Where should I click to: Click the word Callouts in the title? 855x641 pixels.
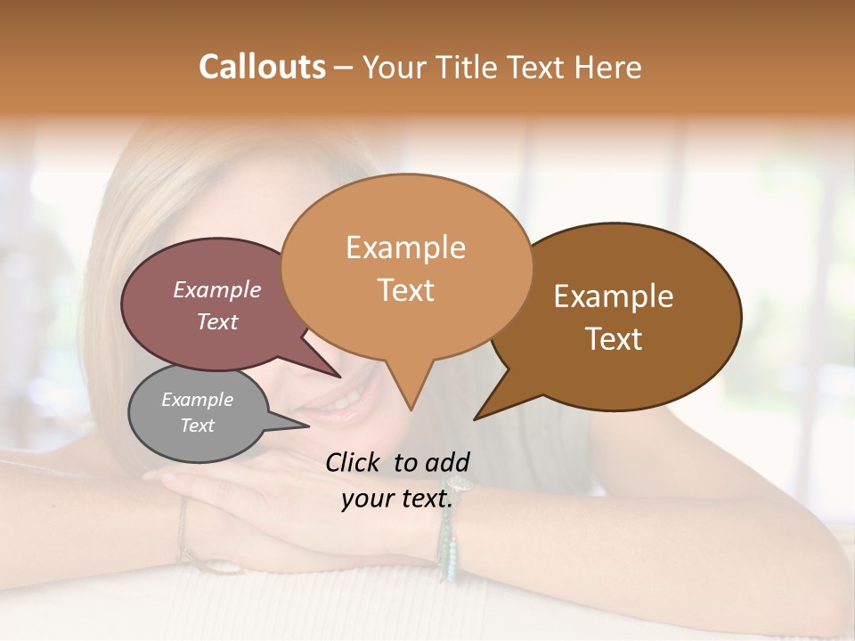pyautogui.click(x=262, y=67)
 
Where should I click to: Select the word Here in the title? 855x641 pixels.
pyautogui.click(x=608, y=67)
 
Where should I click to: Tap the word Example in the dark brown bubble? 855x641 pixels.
pyautogui.click(x=614, y=296)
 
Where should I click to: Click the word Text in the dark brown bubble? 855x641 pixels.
pyautogui.click(x=614, y=339)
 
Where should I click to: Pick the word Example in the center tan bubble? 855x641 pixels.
pyautogui.click(x=405, y=247)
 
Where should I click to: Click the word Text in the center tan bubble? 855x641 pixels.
pyautogui.click(x=405, y=290)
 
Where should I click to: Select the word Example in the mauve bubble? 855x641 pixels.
pyautogui.click(x=217, y=289)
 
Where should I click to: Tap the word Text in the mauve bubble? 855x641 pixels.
pyautogui.click(x=217, y=321)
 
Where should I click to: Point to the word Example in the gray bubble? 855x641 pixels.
pyautogui.click(x=198, y=400)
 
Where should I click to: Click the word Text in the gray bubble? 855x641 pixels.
pyautogui.click(x=198, y=426)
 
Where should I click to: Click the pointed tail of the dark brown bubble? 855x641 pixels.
pyautogui.click(x=481, y=414)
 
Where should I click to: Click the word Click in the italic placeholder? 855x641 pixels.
pyautogui.click(x=355, y=462)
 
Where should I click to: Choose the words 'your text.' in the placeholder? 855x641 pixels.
pyautogui.click(x=398, y=499)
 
